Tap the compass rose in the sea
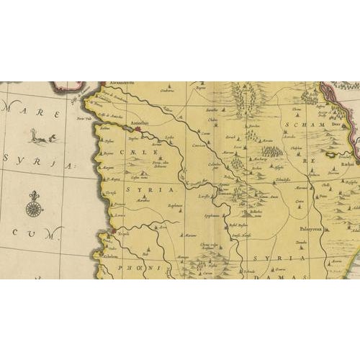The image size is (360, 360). [x=32, y=208]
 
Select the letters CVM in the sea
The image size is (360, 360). [x=33, y=234]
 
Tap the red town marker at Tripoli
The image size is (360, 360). [x=112, y=233]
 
